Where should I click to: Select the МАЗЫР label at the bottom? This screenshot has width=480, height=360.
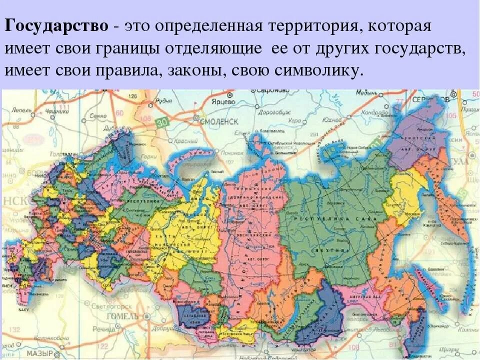coord(40,353)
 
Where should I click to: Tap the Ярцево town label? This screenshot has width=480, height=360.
coord(223,101)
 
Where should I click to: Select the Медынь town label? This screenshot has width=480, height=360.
coord(366,92)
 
